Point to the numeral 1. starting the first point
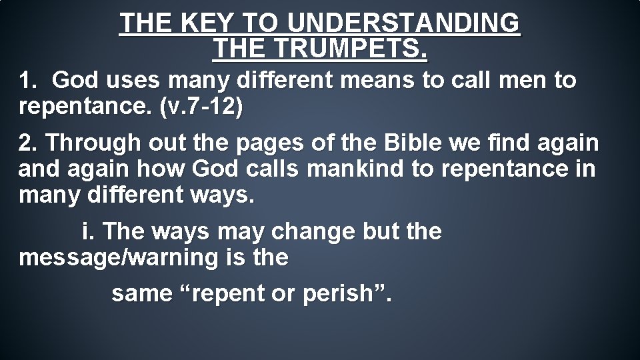click(x=29, y=81)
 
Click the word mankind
click(x=357, y=169)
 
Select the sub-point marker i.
click(x=87, y=231)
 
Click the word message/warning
click(x=119, y=258)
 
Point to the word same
click(x=141, y=293)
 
